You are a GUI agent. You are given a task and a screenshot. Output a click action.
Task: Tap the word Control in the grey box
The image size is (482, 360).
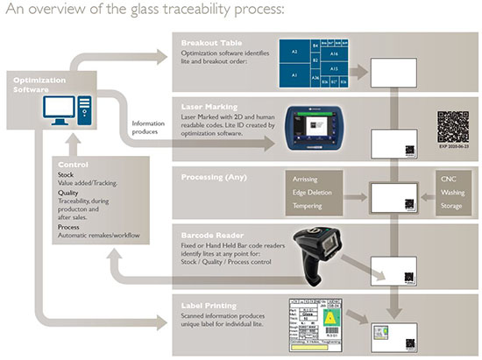pyautogui.click(x=72, y=165)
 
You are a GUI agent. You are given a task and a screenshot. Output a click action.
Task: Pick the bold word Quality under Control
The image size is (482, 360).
pyautogui.click(x=70, y=194)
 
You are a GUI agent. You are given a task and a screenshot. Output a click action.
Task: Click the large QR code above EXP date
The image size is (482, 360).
pyautogui.click(x=453, y=127)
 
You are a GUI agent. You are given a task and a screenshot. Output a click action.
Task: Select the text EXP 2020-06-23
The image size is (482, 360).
pyautogui.click(x=454, y=151)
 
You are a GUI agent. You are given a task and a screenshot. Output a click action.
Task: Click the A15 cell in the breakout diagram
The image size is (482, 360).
pyautogui.click(x=333, y=67)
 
